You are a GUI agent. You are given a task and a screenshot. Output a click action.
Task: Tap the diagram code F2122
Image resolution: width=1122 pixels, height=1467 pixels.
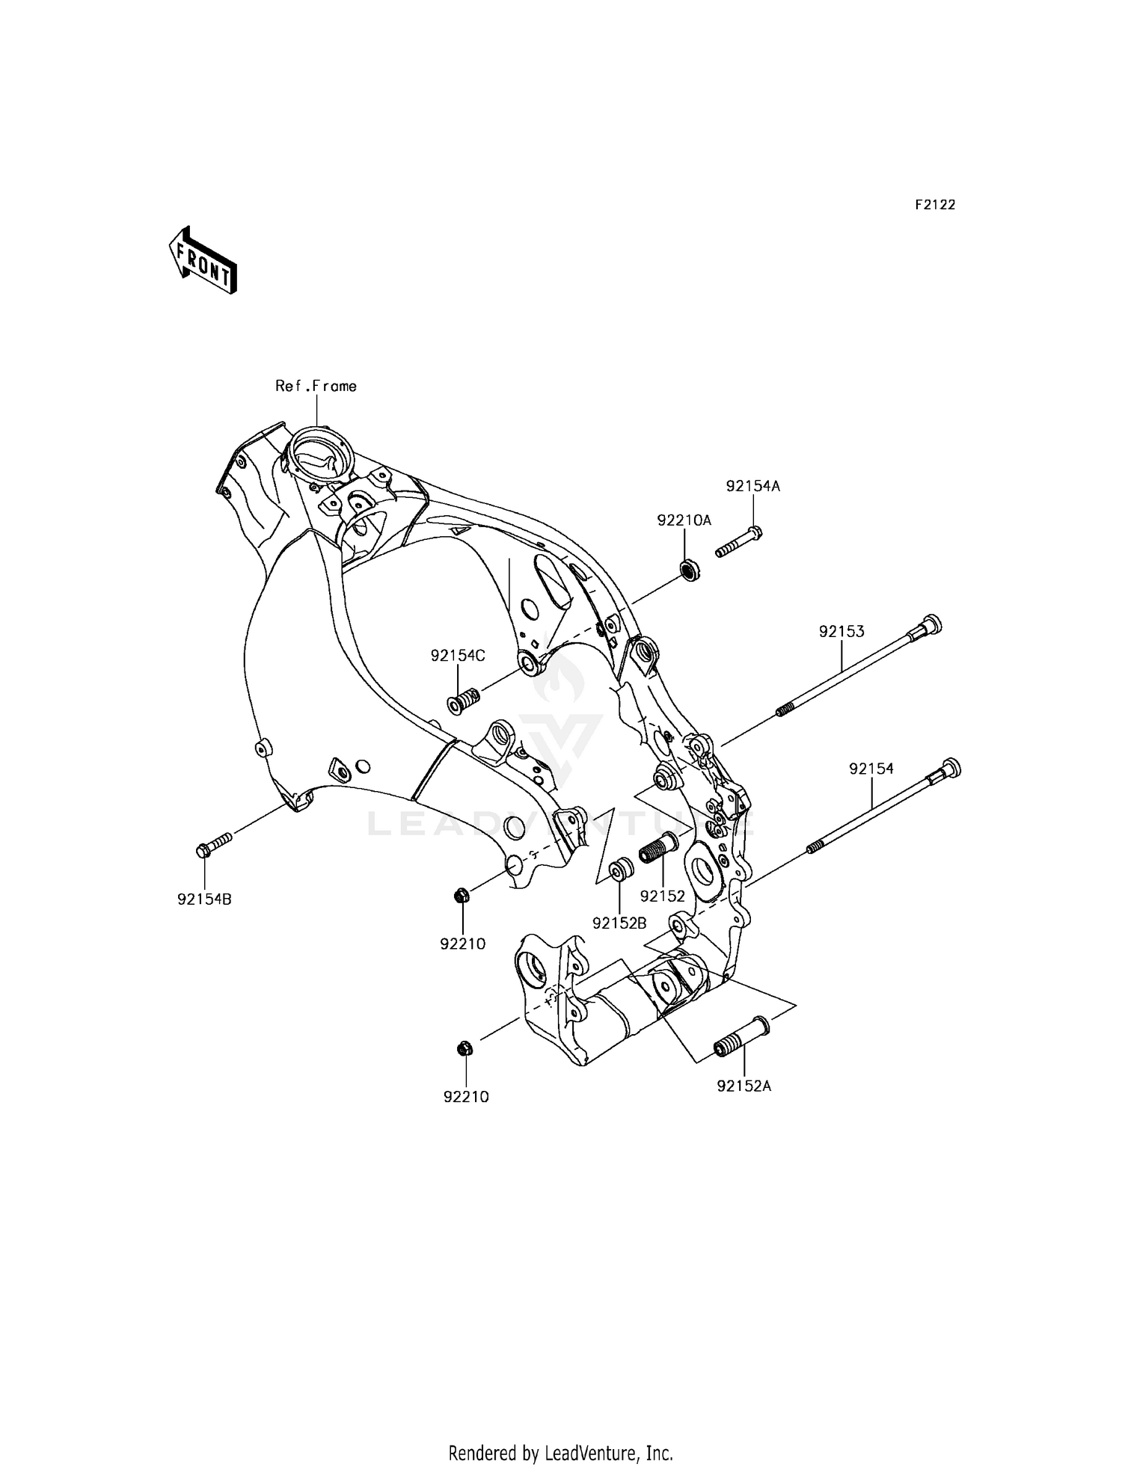click(x=935, y=205)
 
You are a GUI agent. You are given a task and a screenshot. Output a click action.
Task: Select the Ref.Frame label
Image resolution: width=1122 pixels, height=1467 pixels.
click(x=316, y=387)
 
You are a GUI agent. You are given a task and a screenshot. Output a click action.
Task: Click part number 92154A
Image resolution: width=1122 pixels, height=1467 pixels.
click(x=752, y=486)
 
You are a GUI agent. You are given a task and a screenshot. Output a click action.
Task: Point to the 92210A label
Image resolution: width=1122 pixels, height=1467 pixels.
click(x=684, y=520)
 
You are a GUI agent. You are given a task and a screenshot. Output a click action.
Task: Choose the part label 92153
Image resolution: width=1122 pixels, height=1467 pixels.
click(x=841, y=631)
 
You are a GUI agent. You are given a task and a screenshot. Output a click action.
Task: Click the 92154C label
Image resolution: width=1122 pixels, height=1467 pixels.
click(x=458, y=656)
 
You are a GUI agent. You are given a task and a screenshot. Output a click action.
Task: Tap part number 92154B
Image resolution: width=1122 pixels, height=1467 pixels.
click(x=204, y=899)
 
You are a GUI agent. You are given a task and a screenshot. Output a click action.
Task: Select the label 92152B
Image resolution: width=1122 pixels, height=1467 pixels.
click(x=619, y=923)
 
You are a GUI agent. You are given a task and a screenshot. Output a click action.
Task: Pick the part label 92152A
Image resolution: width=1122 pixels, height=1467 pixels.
click(x=744, y=1086)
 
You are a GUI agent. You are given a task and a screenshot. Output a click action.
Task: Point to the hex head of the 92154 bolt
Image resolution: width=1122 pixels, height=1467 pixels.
click(x=949, y=768)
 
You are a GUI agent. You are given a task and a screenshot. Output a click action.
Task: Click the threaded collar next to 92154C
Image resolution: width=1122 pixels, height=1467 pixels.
click(x=464, y=703)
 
